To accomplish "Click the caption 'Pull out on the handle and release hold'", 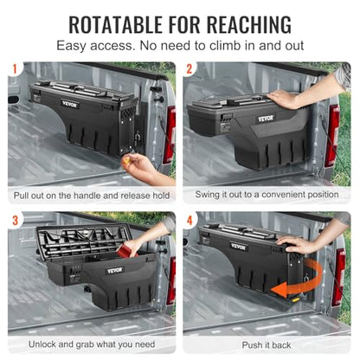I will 91,196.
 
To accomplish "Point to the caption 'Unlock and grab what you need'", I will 91,345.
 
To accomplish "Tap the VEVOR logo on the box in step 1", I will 70,104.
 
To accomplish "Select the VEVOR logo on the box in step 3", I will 114,270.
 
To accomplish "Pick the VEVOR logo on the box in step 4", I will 238,247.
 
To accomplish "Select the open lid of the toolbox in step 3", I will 82,241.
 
